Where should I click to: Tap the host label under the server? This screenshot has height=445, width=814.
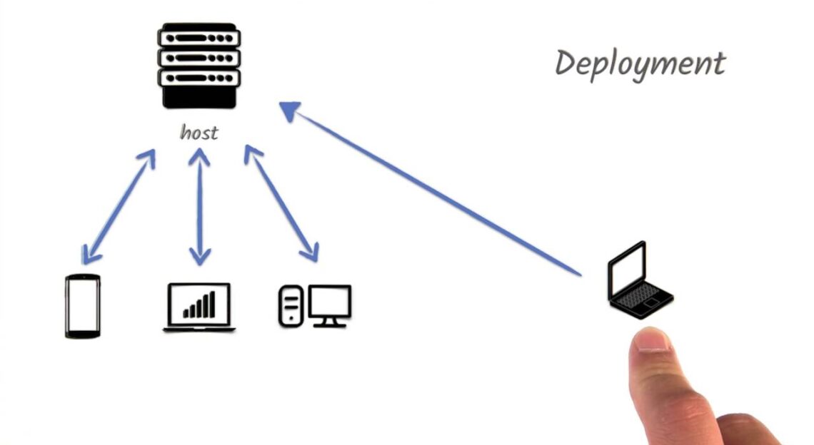[199, 133]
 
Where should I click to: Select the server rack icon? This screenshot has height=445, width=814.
[199, 66]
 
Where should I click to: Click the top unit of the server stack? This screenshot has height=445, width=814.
[199, 36]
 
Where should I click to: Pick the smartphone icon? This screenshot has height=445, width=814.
[83, 306]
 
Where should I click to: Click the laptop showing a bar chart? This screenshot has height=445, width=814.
[199, 307]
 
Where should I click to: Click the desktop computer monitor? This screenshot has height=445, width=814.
[329, 305]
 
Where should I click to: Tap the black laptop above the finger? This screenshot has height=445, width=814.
[638, 282]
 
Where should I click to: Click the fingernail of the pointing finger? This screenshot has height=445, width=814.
[652, 340]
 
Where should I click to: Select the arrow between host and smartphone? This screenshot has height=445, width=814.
[119, 206]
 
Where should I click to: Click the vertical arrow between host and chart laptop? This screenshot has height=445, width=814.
[200, 207]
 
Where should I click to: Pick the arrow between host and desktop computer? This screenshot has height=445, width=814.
[281, 203]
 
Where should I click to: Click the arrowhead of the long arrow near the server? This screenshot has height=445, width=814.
[290, 111]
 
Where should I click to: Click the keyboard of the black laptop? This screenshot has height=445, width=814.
[642, 295]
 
